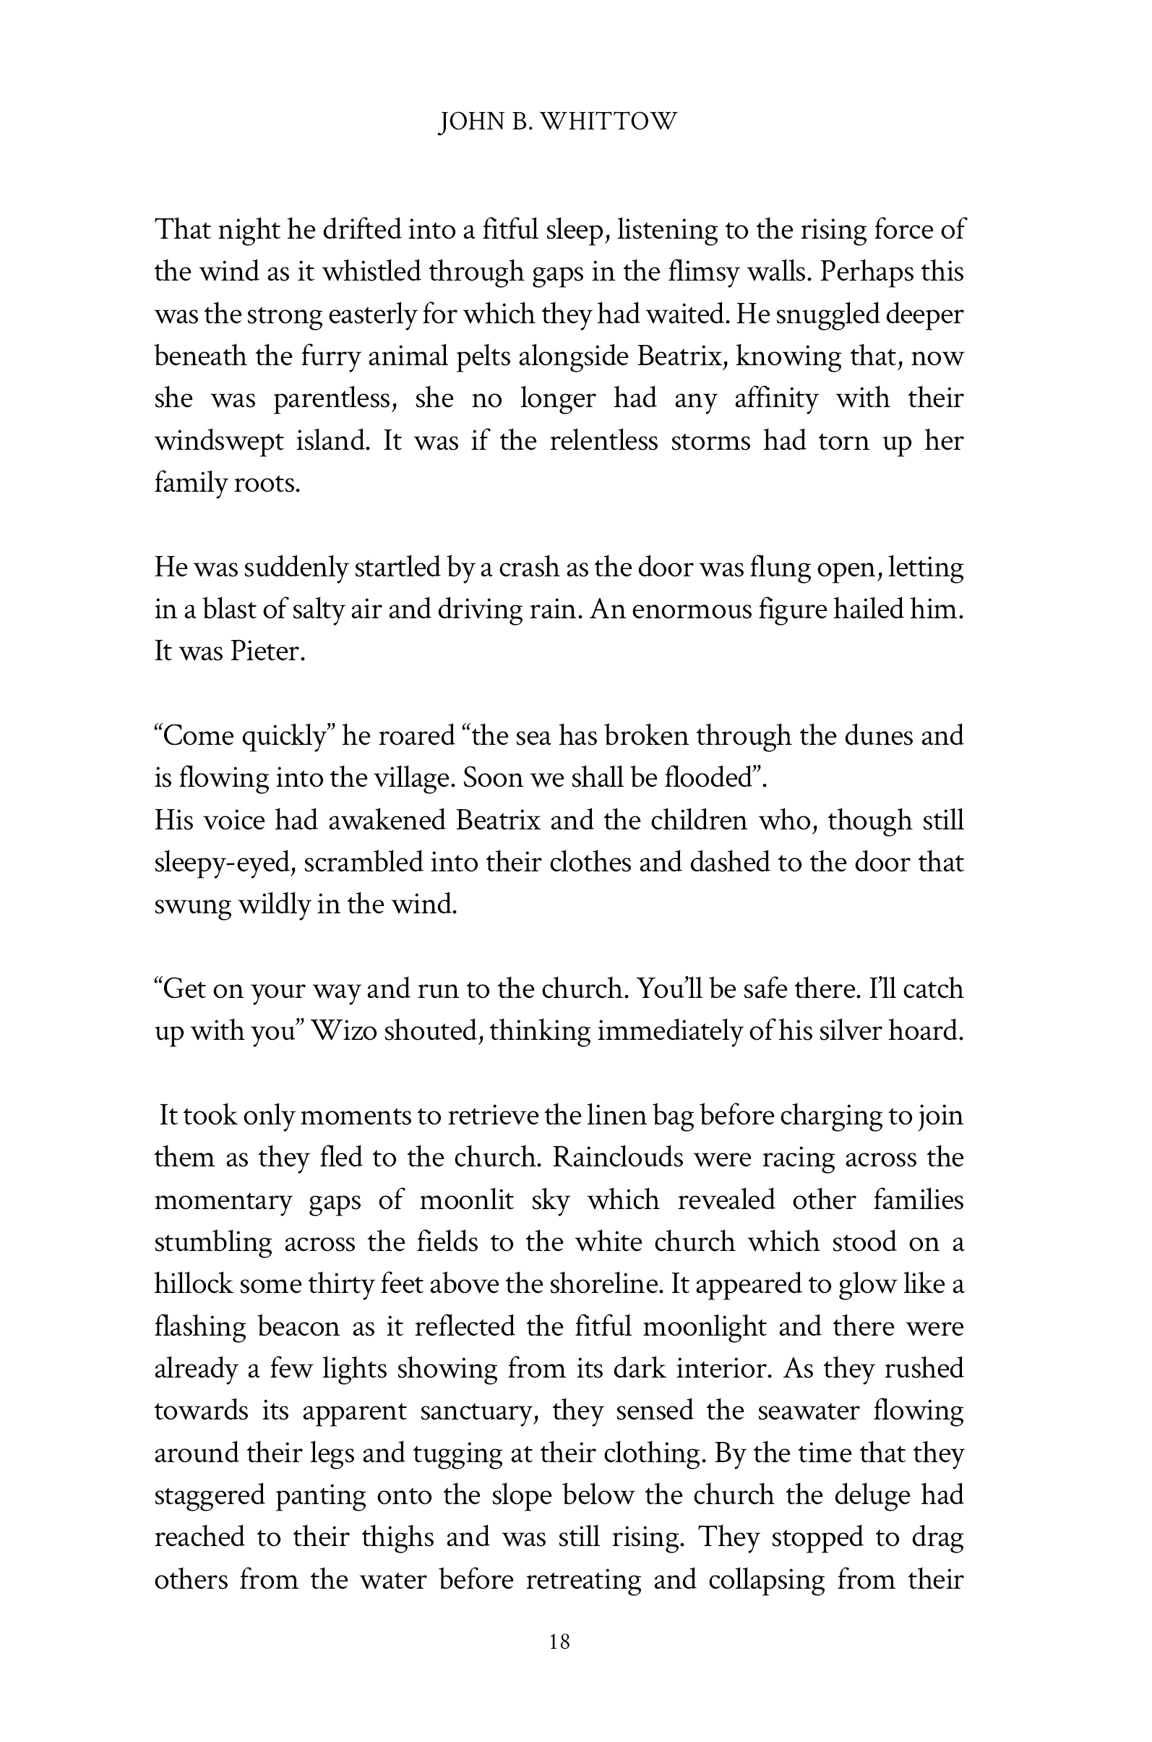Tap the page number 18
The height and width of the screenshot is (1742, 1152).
tap(559, 1641)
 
